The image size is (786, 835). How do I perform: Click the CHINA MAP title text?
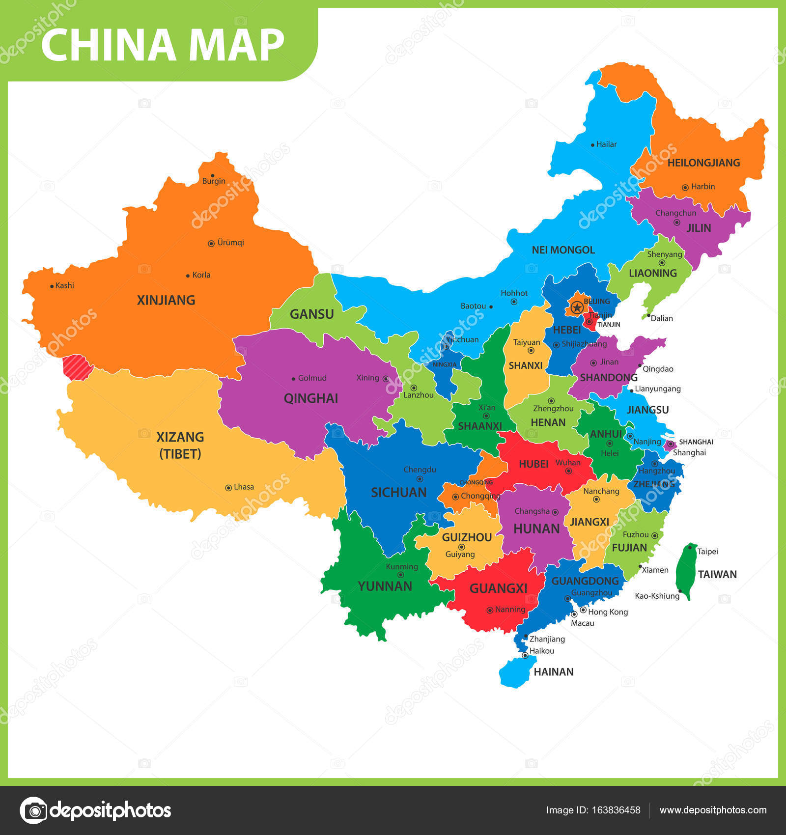(163, 45)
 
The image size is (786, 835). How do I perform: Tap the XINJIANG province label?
(166, 300)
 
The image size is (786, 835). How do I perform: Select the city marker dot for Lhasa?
(228, 488)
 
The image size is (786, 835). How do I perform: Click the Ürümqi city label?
(230, 243)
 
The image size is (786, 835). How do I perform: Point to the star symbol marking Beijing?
(577, 308)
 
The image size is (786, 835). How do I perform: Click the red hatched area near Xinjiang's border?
(78, 367)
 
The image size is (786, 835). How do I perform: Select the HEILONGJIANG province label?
(703, 163)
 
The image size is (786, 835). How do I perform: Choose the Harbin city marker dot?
(685, 187)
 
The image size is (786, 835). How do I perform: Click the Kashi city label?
(64, 285)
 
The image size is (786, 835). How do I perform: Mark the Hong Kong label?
(608, 612)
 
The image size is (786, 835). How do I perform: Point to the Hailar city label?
(606, 144)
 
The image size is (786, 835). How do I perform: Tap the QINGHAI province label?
(310, 398)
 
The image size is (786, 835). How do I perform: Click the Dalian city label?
(662, 318)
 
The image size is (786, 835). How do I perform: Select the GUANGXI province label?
(498, 588)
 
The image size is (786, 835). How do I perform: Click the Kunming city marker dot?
(400, 575)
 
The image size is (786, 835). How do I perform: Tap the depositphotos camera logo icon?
(33, 810)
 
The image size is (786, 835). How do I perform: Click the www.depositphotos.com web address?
(713, 810)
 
